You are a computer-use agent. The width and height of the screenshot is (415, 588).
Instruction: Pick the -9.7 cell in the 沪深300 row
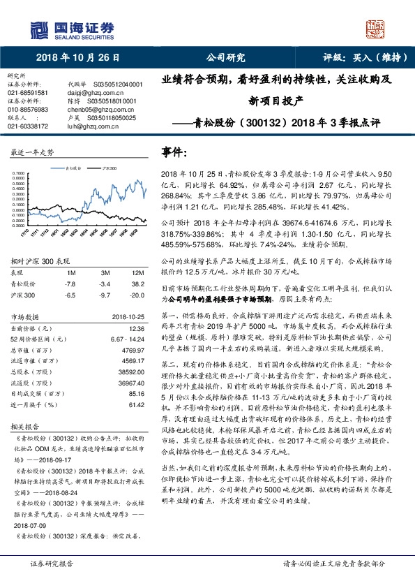[x=105, y=295]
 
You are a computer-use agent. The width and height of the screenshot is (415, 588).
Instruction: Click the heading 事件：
[x=175, y=152]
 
